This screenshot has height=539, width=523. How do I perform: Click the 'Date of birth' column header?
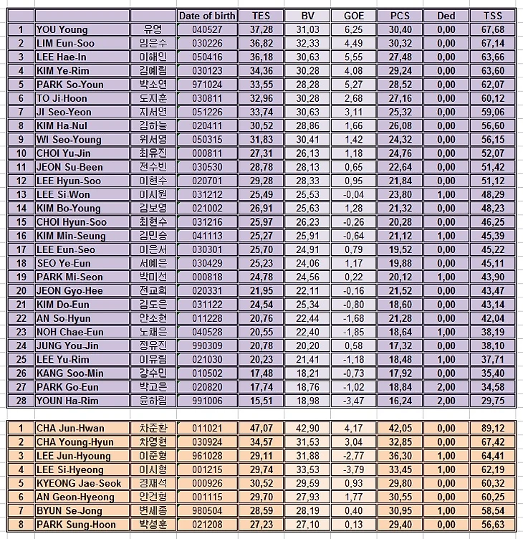point(207,16)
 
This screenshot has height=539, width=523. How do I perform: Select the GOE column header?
point(353,16)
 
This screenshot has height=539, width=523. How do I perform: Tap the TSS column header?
point(493,16)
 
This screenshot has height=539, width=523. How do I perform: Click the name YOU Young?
point(62,29)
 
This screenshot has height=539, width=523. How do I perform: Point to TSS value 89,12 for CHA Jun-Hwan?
point(493,429)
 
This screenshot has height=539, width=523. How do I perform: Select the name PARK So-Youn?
point(69,85)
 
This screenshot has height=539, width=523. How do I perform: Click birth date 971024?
point(207,85)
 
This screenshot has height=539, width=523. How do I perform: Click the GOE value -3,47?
point(353,401)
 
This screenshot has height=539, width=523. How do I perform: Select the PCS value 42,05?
point(400,429)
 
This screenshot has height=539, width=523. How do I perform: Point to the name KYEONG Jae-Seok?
point(75,483)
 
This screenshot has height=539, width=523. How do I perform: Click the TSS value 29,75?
point(493,401)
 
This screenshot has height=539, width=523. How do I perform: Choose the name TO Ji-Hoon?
point(62,98)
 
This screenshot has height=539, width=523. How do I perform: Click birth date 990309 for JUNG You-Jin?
point(207,345)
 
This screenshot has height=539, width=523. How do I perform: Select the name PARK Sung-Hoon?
point(72,524)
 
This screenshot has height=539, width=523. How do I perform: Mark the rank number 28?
point(21,401)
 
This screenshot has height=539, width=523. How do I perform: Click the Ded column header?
point(446,16)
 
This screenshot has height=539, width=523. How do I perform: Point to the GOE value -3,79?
point(353,469)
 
